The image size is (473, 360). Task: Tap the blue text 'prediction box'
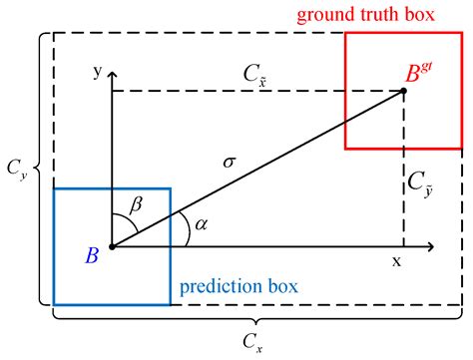[x=238, y=289]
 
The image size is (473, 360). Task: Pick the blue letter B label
[x=92, y=256]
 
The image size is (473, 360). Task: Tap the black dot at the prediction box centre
[x=112, y=245]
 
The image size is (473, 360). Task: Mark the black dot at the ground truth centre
[x=404, y=91]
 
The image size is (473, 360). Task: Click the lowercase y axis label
[x=96, y=72]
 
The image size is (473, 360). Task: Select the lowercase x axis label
[x=396, y=261]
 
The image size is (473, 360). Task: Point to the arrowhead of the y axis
[x=112, y=74]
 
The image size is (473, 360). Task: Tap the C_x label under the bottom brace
[x=255, y=346]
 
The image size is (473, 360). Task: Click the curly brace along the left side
[x=39, y=169]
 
